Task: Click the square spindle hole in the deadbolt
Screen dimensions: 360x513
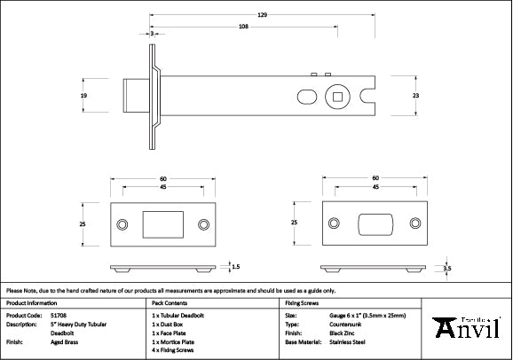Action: [338, 96]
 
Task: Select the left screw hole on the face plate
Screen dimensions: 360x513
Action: [122, 224]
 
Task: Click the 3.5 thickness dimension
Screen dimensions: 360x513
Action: [448, 267]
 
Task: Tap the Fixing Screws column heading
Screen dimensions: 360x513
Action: [303, 301]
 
